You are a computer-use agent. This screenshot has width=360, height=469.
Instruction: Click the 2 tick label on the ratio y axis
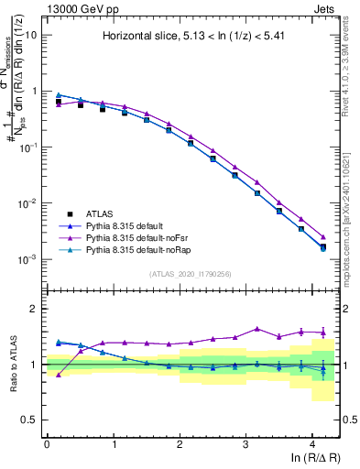34,309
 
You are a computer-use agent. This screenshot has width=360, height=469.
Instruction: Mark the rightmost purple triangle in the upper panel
322,236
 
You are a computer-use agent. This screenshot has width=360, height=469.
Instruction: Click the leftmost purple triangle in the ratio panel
60,375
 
